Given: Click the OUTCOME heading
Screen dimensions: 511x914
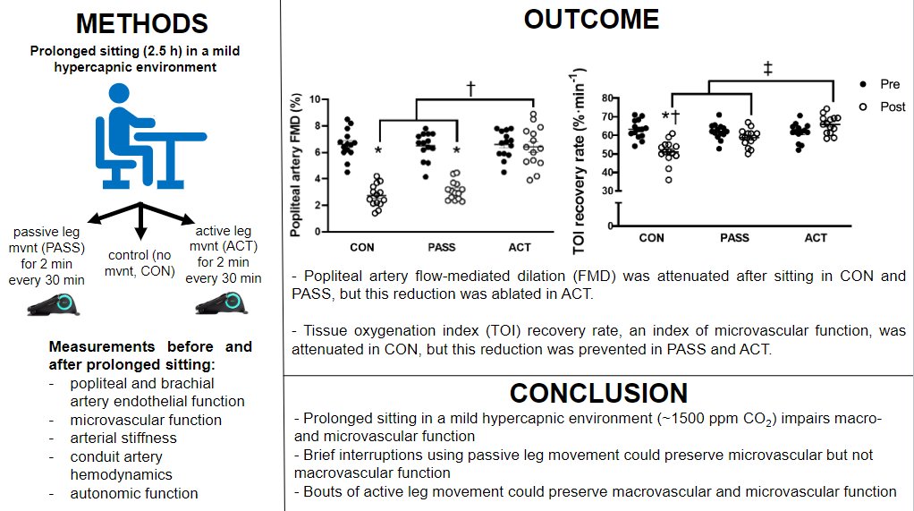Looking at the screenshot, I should (x=591, y=19).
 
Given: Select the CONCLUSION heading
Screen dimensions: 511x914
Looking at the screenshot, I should (x=598, y=393).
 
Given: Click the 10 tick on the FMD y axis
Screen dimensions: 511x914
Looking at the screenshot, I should (x=313, y=99).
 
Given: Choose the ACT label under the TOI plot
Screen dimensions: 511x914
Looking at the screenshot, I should (x=816, y=238).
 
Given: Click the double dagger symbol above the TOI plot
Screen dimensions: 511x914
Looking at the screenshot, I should (x=768, y=69).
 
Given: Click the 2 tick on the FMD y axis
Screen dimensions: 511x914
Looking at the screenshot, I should (x=316, y=205).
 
